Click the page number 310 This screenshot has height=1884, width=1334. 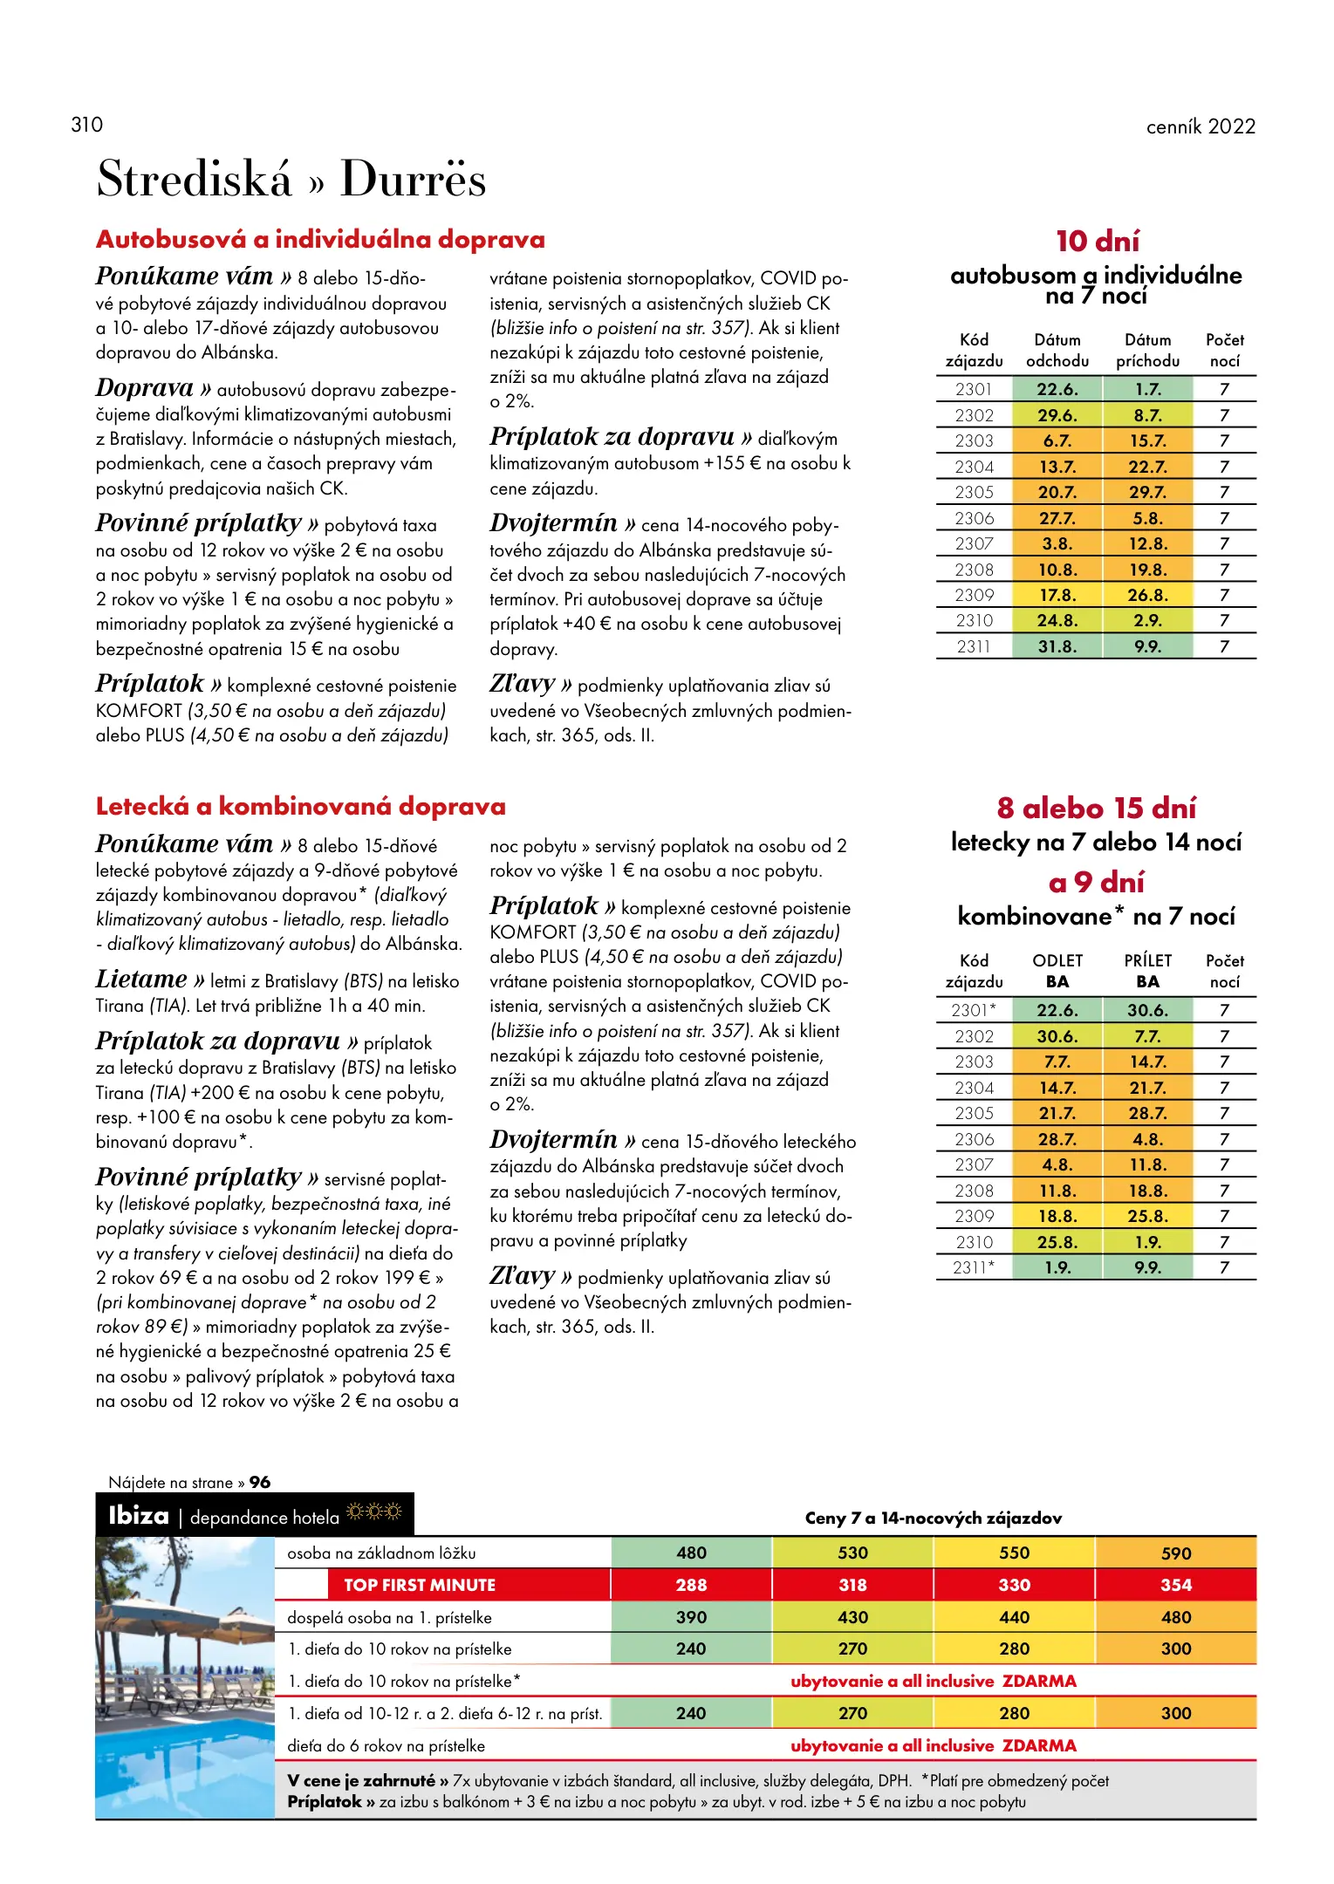86,125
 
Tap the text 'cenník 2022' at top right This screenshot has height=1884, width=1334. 1200,126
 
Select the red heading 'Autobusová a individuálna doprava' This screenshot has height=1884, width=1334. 320,239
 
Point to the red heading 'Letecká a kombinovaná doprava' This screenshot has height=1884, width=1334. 300,806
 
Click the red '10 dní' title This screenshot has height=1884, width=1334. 1097,241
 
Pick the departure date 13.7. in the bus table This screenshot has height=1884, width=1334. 1057,467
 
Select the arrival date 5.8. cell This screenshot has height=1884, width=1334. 1147,518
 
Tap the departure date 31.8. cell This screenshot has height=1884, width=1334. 1057,646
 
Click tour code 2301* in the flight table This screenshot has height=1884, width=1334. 974,1010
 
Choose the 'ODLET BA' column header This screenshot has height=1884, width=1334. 1057,971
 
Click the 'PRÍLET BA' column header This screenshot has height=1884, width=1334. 1147,971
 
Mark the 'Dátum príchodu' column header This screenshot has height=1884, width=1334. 1147,350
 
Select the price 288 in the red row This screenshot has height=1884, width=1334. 691,1585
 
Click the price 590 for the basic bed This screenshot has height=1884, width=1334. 1175,1553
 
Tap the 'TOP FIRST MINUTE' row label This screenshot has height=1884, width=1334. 419,1585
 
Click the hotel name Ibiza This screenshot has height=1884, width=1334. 139,1515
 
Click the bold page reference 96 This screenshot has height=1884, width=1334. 260,1482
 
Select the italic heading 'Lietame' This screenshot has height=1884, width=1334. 140,979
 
